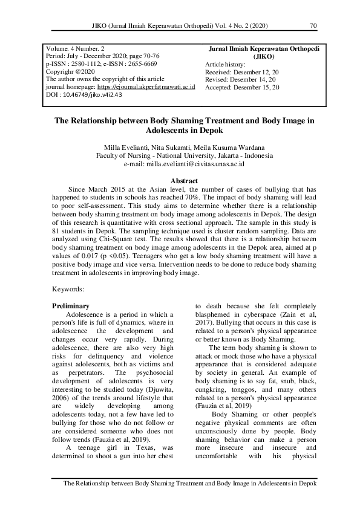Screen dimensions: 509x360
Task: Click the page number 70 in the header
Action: coord(313,26)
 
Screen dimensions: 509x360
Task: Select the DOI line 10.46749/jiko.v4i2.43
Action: coord(84,95)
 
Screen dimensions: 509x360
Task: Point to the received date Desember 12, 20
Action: coord(258,72)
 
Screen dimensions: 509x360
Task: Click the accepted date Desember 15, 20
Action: coord(259,88)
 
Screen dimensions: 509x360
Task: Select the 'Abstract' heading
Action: coord(185,181)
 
